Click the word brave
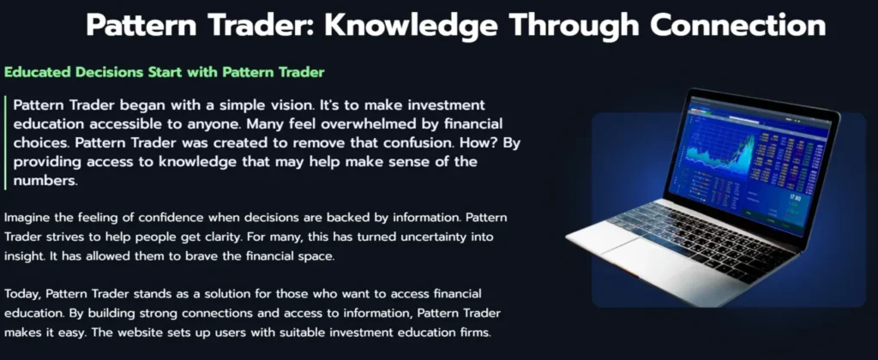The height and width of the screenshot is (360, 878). click(x=215, y=255)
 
